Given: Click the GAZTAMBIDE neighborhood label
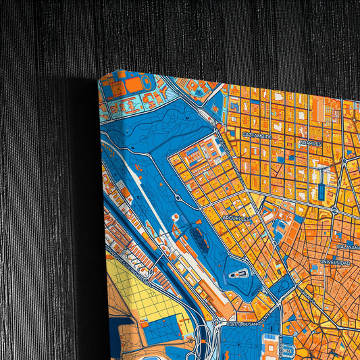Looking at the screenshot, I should pyautogui.click(x=257, y=136).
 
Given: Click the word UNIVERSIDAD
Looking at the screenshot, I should pyautogui.click(x=335, y=261).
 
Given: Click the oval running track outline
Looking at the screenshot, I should pyautogui.click(x=134, y=84).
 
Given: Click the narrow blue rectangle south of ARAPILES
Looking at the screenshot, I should pyautogui.click(x=321, y=192).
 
